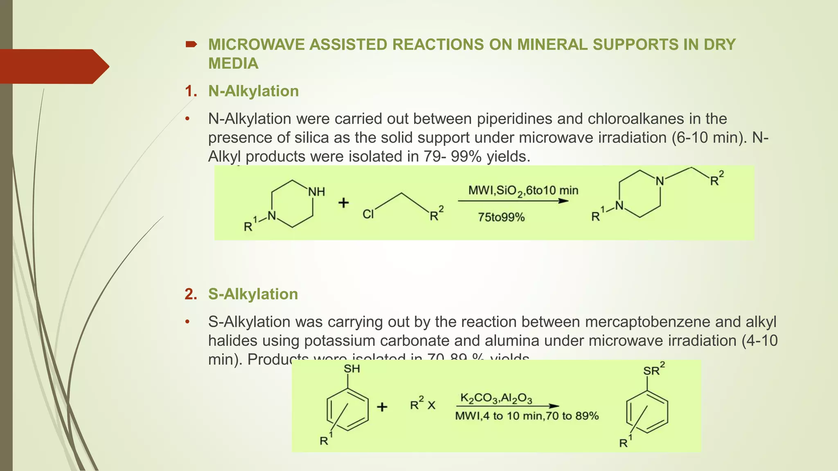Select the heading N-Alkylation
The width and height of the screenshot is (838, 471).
pyautogui.click(x=253, y=91)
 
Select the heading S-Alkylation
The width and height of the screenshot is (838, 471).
pyautogui.click(x=253, y=294)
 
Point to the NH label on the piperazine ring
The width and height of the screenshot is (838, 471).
pyautogui.click(x=316, y=192)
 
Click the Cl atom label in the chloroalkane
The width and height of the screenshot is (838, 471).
pyautogui.click(x=368, y=214)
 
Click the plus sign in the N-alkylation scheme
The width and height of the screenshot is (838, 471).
pyautogui.click(x=343, y=203)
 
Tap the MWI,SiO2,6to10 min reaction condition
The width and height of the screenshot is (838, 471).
pyautogui.click(x=523, y=191)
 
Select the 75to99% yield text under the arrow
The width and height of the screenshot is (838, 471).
pyautogui.click(x=501, y=217)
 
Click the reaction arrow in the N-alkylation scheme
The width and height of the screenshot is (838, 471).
pyautogui.click(x=513, y=201)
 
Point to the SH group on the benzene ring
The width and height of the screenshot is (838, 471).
pyautogui.click(x=351, y=369)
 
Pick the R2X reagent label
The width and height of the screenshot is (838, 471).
pyautogui.click(x=422, y=404)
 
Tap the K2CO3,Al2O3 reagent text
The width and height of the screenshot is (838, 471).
pyautogui.click(x=496, y=398)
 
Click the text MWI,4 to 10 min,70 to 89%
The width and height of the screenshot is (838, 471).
pyautogui.click(x=527, y=416)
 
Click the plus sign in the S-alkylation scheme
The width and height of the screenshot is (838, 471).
pyautogui.click(x=382, y=407)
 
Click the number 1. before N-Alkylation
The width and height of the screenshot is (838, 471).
pyautogui.click(x=191, y=91)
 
